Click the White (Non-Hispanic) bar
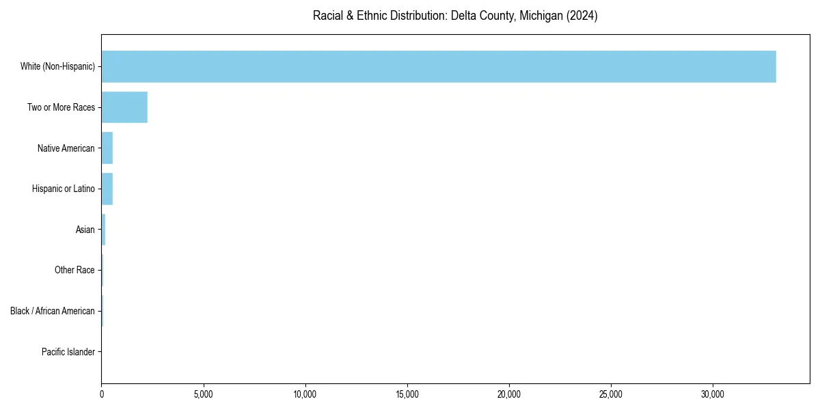(x=439, y=66)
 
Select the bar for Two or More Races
(x=124, y=107)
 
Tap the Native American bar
(x=107, y=148)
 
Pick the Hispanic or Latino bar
(x=107, y=189)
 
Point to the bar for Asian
(x=103, y=230)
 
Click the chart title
(x=455, y=16)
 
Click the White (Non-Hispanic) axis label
(x=57, y=66)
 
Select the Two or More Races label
(x=61, y=107)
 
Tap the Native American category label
(x=66, y=148)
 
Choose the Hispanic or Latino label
(x=64, y=189)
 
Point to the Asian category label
(x=85, y=230)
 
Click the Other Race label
(x=74, y=271)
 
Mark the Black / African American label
(x=53, y=311)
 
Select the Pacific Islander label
(x=68, y=352)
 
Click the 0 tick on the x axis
(x=102, y=394)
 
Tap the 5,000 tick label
(x=204, y=394)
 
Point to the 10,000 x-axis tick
(x=305, y=394)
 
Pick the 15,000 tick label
(x=407, y=394)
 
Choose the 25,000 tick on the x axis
(x=611, y=394)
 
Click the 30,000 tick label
(x=713, y=394)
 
